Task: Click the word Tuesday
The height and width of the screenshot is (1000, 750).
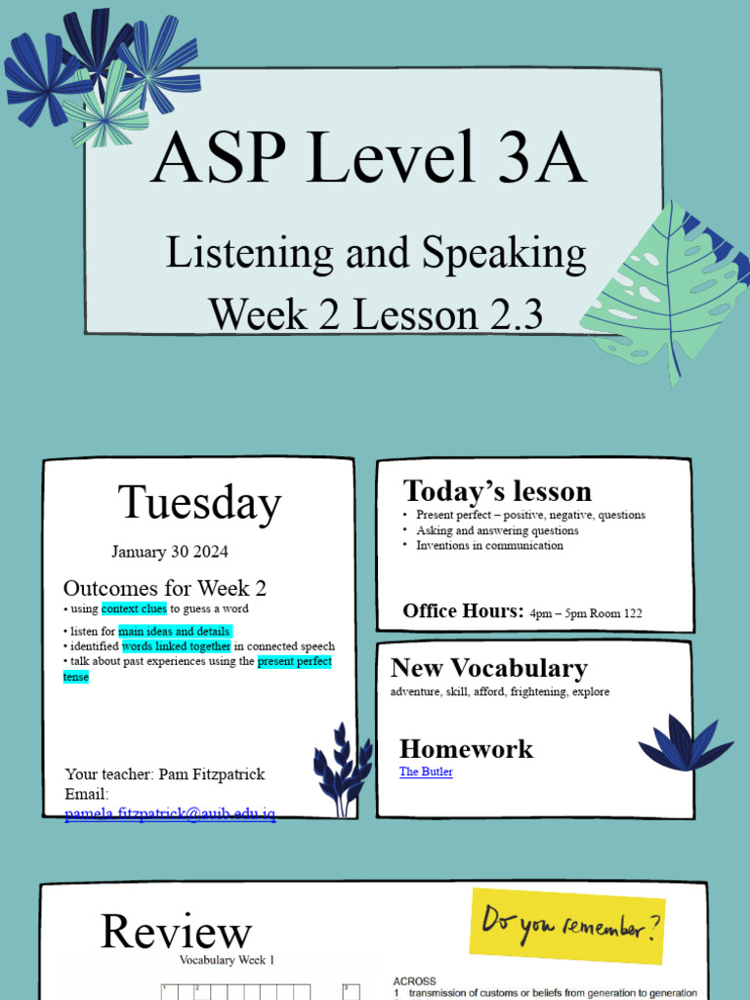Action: pos(199,503)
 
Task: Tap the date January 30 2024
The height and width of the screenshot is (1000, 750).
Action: pos(170,552)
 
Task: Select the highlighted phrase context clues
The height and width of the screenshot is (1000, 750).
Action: pos(134,609)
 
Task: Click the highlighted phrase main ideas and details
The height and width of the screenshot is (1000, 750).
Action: pos(175,632)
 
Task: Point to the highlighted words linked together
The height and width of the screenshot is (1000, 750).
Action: pos(177,646)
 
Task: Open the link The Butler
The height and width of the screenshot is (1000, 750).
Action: pos(426,771)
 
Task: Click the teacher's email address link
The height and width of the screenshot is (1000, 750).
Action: pos(170,813)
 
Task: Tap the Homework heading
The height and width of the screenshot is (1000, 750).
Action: pos(466,749)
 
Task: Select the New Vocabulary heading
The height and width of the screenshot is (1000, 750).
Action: pos(488,668)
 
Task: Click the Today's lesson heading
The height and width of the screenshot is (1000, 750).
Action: pos(497,490)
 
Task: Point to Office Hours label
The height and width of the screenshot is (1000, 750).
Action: pos(463,611)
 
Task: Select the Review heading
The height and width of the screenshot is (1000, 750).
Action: pos(176,932)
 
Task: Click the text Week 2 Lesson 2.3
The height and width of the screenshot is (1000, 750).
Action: pos(376,314)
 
